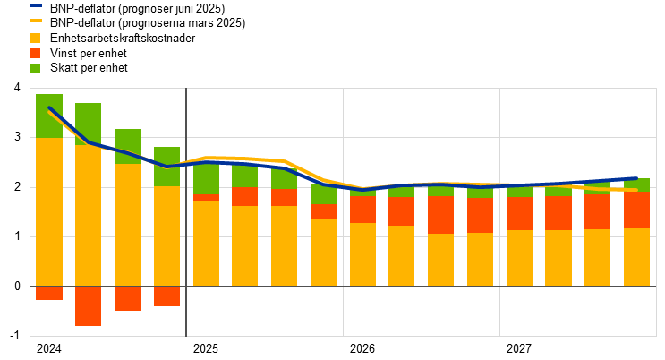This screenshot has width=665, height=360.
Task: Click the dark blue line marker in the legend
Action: (x=36, y=5)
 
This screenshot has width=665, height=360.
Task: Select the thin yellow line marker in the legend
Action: (x=36, y=20)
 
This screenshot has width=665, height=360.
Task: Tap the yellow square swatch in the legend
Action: (x=35, y=38)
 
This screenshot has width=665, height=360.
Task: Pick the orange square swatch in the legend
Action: (x=35, y=53)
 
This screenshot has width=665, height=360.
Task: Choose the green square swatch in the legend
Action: (x=35, y=68)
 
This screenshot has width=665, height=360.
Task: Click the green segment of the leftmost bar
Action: (x=49, y=116)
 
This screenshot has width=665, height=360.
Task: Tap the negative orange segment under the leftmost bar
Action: (x=49, y=293)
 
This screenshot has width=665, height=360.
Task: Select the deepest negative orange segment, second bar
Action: (x=88, y=306)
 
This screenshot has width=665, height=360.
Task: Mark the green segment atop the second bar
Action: (x=88, y=124)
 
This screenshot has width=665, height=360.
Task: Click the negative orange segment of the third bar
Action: (x=127, y=298)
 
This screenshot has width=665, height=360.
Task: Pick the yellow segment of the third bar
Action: (x=127, y=225)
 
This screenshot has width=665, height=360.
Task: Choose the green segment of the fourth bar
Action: (x=166, y=167)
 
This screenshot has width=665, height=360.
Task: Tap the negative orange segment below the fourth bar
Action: (x=166, y=296)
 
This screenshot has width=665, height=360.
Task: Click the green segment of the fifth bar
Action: (x=206, y=179)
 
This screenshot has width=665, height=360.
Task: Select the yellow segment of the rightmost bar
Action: (x=636, y=257)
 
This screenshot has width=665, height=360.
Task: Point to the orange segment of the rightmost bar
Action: (x=636, y=210)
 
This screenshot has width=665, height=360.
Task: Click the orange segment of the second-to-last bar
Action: (x=597, y=211)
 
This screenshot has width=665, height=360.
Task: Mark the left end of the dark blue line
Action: (x=49, y=107)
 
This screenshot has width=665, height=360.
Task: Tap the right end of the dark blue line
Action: (x=636, y=179)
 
